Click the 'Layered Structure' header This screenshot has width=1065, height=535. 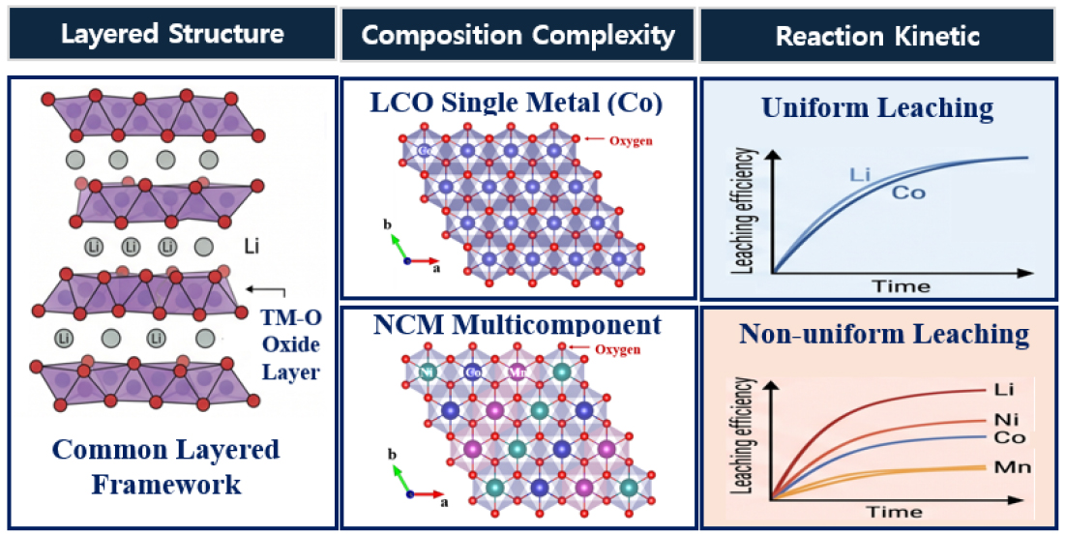pos(172,34)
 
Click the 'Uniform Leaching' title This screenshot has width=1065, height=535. pos(877,107)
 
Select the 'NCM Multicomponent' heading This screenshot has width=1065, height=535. pos(517,325)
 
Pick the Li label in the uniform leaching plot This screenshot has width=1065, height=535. pos(859,175)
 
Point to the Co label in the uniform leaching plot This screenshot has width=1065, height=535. pos(908,193)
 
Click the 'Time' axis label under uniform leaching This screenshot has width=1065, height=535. pos(902,285)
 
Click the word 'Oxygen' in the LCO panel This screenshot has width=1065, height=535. pos(632,141)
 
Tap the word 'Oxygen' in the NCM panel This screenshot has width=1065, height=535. pos(617,349)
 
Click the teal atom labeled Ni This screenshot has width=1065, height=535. pos(426,372)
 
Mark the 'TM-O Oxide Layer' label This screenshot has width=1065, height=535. pos(291,345)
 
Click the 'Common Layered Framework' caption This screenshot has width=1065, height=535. pos(165,467)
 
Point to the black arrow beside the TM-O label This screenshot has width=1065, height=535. pos(266,291)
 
